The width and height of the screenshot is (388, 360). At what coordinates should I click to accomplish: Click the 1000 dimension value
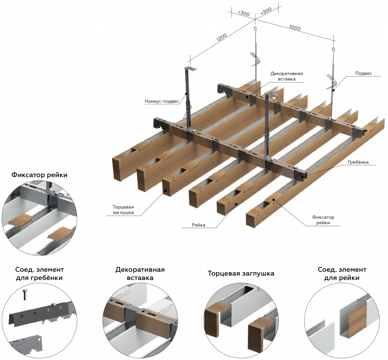295,28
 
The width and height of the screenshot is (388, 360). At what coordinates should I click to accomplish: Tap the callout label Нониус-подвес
161,101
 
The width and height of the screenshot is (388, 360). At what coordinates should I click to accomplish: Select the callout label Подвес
363,73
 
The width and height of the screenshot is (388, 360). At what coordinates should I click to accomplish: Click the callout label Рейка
199,225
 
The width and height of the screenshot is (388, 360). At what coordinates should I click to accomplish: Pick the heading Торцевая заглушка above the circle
241,273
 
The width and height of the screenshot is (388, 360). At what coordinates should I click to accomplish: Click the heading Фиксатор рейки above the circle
39,175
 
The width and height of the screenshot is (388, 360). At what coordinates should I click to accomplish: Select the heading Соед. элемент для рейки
342,274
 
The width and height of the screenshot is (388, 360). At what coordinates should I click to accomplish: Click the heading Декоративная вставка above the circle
140,274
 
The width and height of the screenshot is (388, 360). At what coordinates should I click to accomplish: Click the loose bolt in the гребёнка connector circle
26,294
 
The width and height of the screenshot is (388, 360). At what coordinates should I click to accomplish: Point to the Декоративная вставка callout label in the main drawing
287,76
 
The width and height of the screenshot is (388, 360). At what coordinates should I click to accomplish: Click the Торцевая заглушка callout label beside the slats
123,210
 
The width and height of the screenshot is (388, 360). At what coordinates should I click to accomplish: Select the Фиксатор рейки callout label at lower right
323,220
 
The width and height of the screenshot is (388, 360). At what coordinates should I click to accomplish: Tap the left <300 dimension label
244,14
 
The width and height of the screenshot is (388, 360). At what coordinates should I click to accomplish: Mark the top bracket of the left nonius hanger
191,68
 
